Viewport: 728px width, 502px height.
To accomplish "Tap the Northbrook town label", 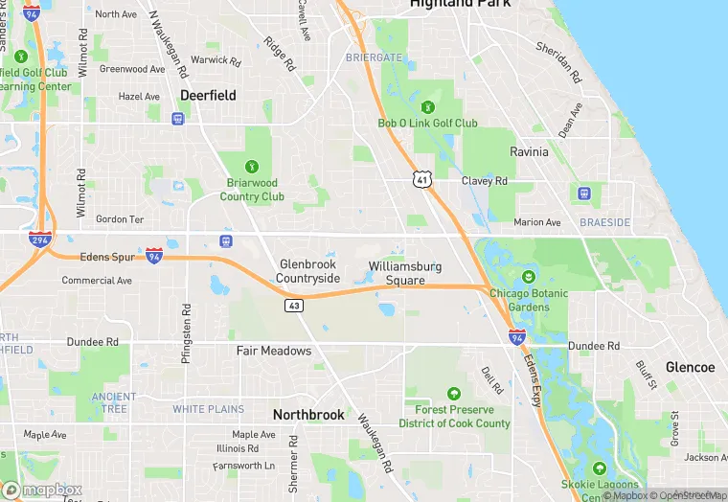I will pos(307,415).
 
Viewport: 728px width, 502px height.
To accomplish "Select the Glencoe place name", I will pos(690,367).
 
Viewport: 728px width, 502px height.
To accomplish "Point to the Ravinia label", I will pos(529,151).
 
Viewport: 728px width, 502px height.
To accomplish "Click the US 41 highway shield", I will pos(423,179).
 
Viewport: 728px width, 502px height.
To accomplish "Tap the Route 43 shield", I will pos(294,306).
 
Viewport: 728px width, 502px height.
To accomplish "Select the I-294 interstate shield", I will pos(40,240).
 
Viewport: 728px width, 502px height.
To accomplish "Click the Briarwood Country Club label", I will pos(252,190).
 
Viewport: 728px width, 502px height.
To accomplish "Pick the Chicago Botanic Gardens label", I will pos(528,300).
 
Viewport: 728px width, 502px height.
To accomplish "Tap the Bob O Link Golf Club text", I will pos(427,123).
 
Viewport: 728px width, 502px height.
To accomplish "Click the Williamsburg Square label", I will pos(405,273).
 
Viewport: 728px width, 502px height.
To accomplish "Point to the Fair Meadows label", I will pos(274,351).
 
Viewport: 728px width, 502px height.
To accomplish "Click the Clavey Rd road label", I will pos(484,181).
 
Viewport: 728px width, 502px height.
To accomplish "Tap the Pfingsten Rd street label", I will pos(187,333).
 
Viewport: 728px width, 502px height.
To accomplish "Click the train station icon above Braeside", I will pos(584,193).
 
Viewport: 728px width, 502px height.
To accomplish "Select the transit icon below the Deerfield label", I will pos(177,119).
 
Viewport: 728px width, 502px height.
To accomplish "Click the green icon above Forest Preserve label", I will pos(453,394).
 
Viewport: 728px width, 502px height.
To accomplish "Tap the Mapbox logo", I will pos(43,490).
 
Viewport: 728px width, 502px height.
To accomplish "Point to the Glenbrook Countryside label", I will pos(308,271).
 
